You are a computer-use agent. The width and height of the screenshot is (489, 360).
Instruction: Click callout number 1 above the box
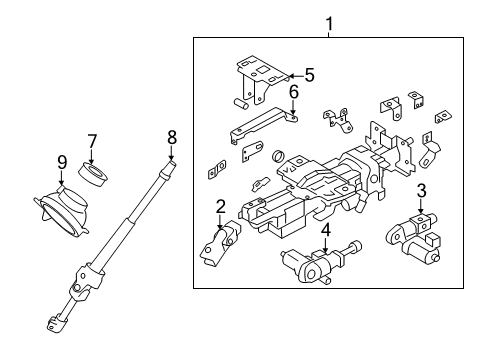pos(329,24)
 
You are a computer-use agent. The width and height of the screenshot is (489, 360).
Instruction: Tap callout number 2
pos(220,207)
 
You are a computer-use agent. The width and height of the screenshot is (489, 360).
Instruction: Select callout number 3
pos(421,191)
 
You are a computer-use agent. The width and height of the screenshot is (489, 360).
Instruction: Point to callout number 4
pos(326,230)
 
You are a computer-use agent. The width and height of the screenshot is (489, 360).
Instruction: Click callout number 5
pos(310,75)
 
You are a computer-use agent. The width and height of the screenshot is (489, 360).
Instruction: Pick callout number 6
pos(293,92)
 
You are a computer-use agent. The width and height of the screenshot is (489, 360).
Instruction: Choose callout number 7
pos(92,141)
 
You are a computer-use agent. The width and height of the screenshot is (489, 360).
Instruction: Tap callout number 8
pos(172,137)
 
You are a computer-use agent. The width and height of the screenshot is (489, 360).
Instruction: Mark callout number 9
pos(62,162)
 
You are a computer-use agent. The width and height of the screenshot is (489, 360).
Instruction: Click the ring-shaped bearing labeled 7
pos(93,173)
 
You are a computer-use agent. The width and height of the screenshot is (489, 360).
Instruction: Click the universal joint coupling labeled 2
pos(220,243)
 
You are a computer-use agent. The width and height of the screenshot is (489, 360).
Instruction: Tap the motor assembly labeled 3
pos(413,238)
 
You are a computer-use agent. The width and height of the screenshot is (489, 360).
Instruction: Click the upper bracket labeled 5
pos(262,80)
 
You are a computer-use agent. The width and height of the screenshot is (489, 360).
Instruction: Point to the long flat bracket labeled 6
pos(263,124)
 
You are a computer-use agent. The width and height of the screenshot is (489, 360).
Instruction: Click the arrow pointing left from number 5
pos(296,76)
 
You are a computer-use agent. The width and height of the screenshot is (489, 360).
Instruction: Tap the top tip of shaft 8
pos(172,162)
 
